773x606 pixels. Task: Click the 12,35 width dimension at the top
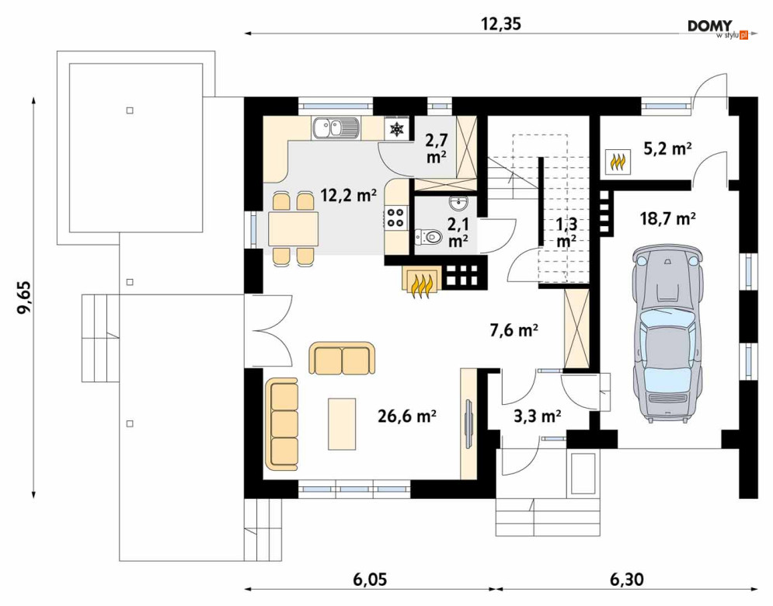500,23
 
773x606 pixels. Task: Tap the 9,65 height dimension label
24,297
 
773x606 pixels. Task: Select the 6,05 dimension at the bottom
370,580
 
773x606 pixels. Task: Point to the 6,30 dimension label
627,580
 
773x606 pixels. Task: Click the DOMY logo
718,29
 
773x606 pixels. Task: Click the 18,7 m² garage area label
667,218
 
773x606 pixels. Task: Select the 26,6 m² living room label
407,416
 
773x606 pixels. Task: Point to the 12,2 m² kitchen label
349,195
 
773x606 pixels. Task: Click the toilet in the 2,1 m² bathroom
428,237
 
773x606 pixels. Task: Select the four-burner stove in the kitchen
395,218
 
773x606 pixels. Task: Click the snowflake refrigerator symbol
396,129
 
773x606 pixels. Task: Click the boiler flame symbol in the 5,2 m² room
618,162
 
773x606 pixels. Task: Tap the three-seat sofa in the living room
282,424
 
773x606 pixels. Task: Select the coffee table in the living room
342,424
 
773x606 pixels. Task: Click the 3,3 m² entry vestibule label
538,416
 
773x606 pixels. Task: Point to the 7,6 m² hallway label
514,330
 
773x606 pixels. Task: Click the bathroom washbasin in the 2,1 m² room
459,202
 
